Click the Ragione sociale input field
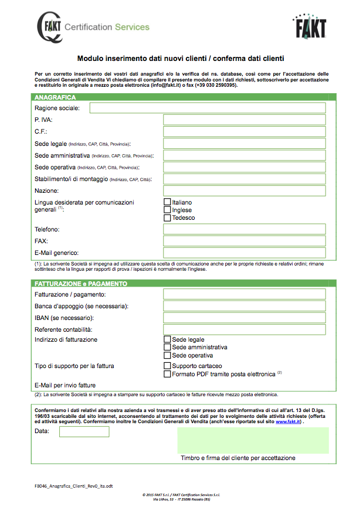point(207,108)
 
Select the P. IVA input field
point(244,120)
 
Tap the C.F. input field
point(244,132)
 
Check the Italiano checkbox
point(167,202)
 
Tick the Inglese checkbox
point(167,210)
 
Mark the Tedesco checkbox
point(167,217)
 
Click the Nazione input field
point(244,190)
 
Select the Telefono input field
point(244,229)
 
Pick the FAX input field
point(244,241)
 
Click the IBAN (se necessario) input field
point(244,318)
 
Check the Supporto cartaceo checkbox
point(167,366)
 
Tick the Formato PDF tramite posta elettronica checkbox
point(167,374)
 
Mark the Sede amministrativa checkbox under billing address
point(167,347)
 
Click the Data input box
point(84,431)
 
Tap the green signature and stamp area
point(253,440)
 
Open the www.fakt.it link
point(288,421)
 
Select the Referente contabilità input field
point(244,329)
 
